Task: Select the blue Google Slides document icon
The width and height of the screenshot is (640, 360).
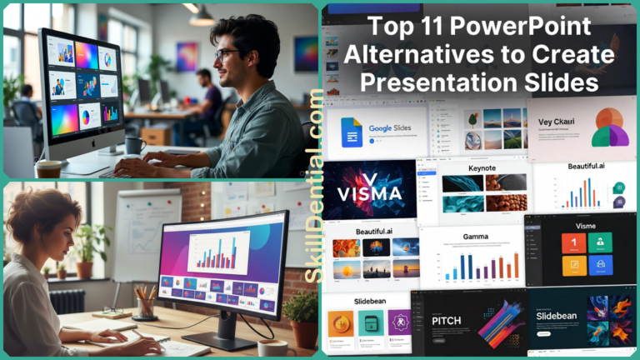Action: tap(352, 132)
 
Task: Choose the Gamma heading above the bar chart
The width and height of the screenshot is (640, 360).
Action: tap(475, 237)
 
